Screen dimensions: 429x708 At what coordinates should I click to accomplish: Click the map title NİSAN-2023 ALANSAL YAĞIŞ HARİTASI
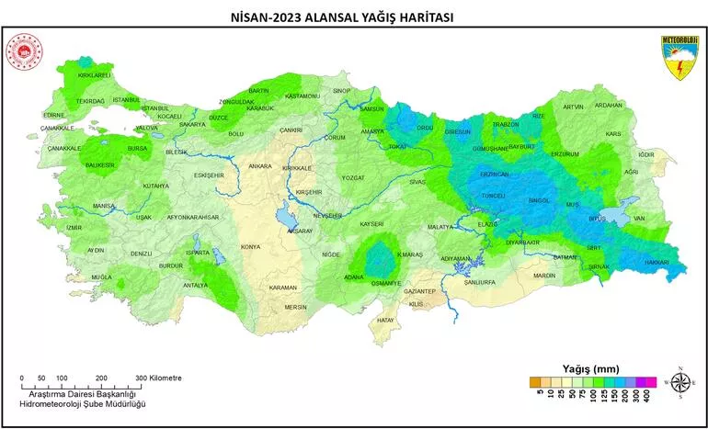(354, 17)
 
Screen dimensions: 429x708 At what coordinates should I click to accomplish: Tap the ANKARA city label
(260, 166)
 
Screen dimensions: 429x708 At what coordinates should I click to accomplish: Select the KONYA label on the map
(250, 247)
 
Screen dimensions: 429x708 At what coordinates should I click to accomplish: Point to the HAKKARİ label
(656, 262)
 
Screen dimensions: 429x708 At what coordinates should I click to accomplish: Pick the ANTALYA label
(196, 285)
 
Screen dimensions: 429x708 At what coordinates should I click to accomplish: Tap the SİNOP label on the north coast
(342, 91)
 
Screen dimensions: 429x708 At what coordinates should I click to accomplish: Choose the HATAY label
(385, 320)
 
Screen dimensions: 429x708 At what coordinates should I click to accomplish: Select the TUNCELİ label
(494, 196)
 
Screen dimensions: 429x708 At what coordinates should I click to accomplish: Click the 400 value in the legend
(650, 393)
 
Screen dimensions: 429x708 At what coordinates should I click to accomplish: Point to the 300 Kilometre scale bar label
(159, 378)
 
